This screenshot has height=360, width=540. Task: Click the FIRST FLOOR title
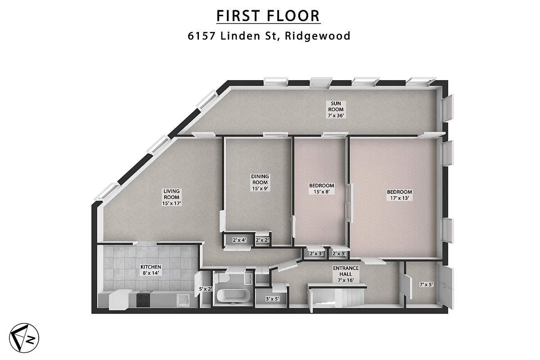(268, 16)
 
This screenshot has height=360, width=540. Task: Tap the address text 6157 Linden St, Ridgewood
(269, 36)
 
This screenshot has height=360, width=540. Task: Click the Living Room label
(171, 197)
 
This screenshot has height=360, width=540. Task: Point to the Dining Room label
(260, 182)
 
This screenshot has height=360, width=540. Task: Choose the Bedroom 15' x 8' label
(321, 189)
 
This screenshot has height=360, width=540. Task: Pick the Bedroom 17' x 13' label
(399, 195)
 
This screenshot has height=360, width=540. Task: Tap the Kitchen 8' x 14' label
(151, 270)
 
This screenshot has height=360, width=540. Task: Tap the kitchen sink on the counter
(183, 299)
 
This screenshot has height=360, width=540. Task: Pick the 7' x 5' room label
(426, 284)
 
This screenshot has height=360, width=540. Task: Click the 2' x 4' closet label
(238, 240)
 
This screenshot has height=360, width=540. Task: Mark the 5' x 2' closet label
(206, 289)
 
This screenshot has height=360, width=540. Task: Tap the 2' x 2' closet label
(262, 240)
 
